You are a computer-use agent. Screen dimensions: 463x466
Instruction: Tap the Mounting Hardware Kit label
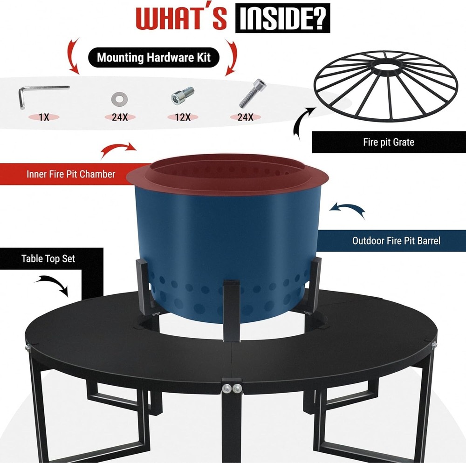tap(154, 58)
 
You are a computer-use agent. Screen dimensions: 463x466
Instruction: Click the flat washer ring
tap(120, 99)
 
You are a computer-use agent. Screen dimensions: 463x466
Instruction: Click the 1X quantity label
tap(44, 117)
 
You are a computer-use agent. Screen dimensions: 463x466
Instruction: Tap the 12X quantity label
tap(183, 117)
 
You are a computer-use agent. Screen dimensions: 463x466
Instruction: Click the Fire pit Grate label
tap(388, 142)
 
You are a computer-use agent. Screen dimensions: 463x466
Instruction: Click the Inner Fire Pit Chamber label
tap(70, 175)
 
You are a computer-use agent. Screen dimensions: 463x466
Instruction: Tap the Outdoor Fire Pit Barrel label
tap(396, 241)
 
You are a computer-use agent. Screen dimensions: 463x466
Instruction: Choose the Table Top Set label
tap(48, 259)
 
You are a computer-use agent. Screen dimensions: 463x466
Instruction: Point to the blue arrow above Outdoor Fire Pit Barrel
tap(347, 208)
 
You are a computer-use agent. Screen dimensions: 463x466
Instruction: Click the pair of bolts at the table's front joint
tap(231, 388)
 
